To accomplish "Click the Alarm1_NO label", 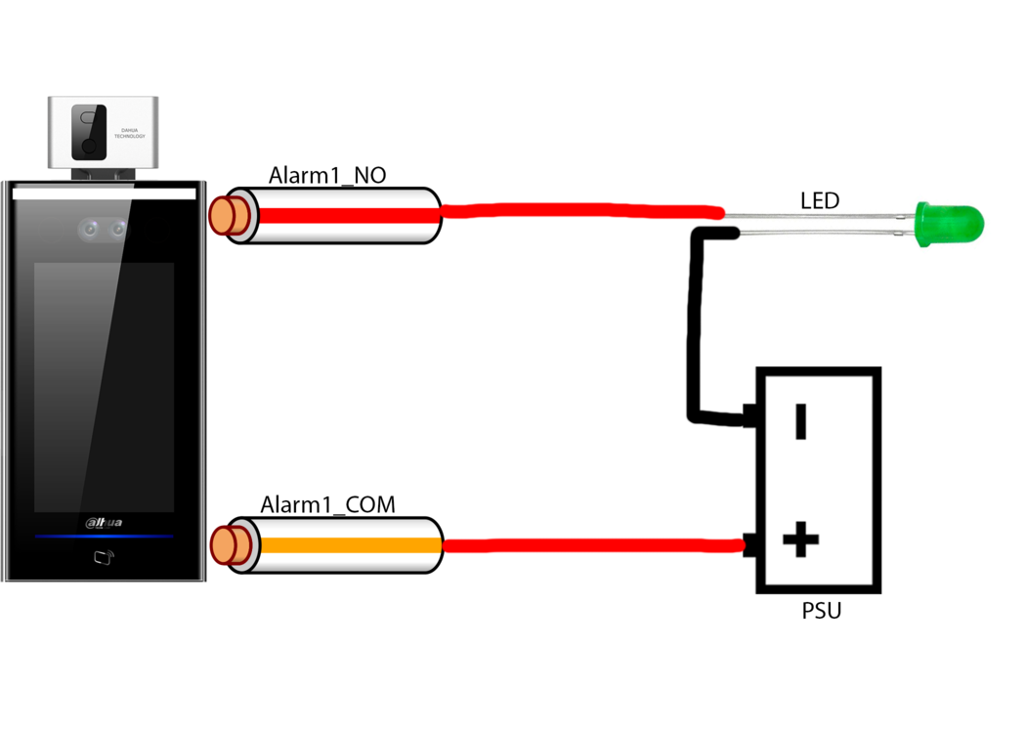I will point(326,176).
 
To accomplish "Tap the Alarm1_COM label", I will point(327,505).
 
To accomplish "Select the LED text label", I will point(820,201).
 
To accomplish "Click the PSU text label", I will point(821,612).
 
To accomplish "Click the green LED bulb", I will point(949,224).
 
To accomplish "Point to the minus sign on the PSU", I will point(801,422).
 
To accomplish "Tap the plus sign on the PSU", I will point(801,539).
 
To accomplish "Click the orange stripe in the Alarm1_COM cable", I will point(342,545).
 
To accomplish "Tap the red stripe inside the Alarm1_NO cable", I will point(342,215).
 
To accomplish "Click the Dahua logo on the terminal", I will point(104,523).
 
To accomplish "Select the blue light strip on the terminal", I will point(104,537).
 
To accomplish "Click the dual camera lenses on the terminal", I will point(104,230).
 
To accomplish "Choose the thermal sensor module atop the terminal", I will point(103,132).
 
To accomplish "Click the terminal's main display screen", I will point(103,386).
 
